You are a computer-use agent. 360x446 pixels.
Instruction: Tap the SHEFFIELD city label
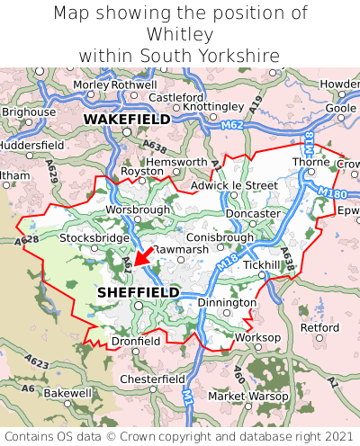coord(138,292)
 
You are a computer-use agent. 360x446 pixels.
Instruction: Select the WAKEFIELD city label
coord(126,119)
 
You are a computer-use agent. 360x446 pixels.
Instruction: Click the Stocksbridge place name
coord(94,238)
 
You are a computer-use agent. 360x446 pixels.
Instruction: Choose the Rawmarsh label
coord(181,248)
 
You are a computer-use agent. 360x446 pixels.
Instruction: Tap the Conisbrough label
coord(220,237)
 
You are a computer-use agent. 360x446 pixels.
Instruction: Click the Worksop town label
coord(257,337)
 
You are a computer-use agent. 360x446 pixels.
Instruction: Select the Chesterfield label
coord(152,379)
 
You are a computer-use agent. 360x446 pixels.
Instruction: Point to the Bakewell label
coord(67,393)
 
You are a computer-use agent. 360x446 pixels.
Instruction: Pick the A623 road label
coord(37,361)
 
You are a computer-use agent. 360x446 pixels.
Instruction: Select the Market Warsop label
coord(245,396)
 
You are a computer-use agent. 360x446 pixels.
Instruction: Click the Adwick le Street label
coord(235,185)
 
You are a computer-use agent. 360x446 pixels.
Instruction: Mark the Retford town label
coord(319,327)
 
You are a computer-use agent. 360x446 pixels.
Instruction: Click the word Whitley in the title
coord(180,34)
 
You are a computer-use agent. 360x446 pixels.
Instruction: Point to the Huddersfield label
coord(31,144)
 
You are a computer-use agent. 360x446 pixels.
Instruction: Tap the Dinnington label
coord(227,303)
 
